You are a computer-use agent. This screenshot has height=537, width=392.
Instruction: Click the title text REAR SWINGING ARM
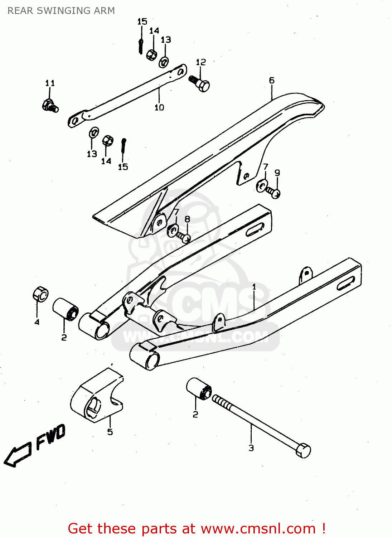pos(61,11)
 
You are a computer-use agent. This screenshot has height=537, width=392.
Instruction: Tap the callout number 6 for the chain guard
pos(272,81)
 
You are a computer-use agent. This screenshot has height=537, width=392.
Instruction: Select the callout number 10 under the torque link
pos(159,107)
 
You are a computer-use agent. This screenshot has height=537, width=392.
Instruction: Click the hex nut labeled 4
pos(40,294)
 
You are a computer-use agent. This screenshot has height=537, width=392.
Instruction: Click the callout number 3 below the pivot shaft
pos(251,448)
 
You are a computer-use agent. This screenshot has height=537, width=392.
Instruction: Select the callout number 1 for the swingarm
pos(254,287)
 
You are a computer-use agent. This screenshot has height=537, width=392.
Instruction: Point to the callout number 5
pos(110,432)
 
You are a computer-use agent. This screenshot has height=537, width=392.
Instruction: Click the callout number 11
pos(50,83)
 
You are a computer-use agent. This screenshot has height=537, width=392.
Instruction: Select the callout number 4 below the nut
pos(37,322)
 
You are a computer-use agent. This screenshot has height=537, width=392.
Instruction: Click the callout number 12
pos(201,62)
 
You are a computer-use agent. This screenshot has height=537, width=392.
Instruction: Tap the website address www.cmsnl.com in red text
pos(258,529)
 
